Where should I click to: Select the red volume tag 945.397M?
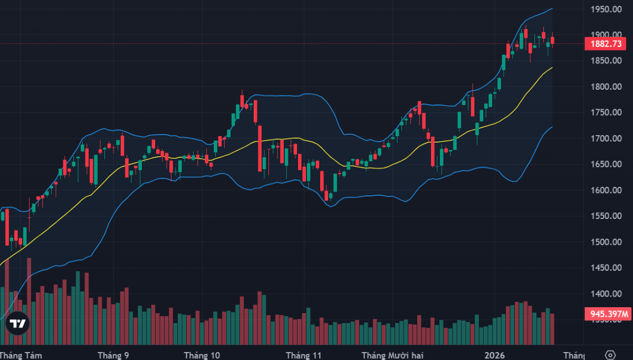pyautogui.click(x=607, y=315)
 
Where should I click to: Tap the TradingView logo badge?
pyautogui.click(x=18, y=325)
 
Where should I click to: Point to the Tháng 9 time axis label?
pyautogui.click(x=113, y=355)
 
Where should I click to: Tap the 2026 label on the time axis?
pyautogui.click(x=494, y=355)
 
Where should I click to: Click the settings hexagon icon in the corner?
pyautogui.click(x=610, y=355)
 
